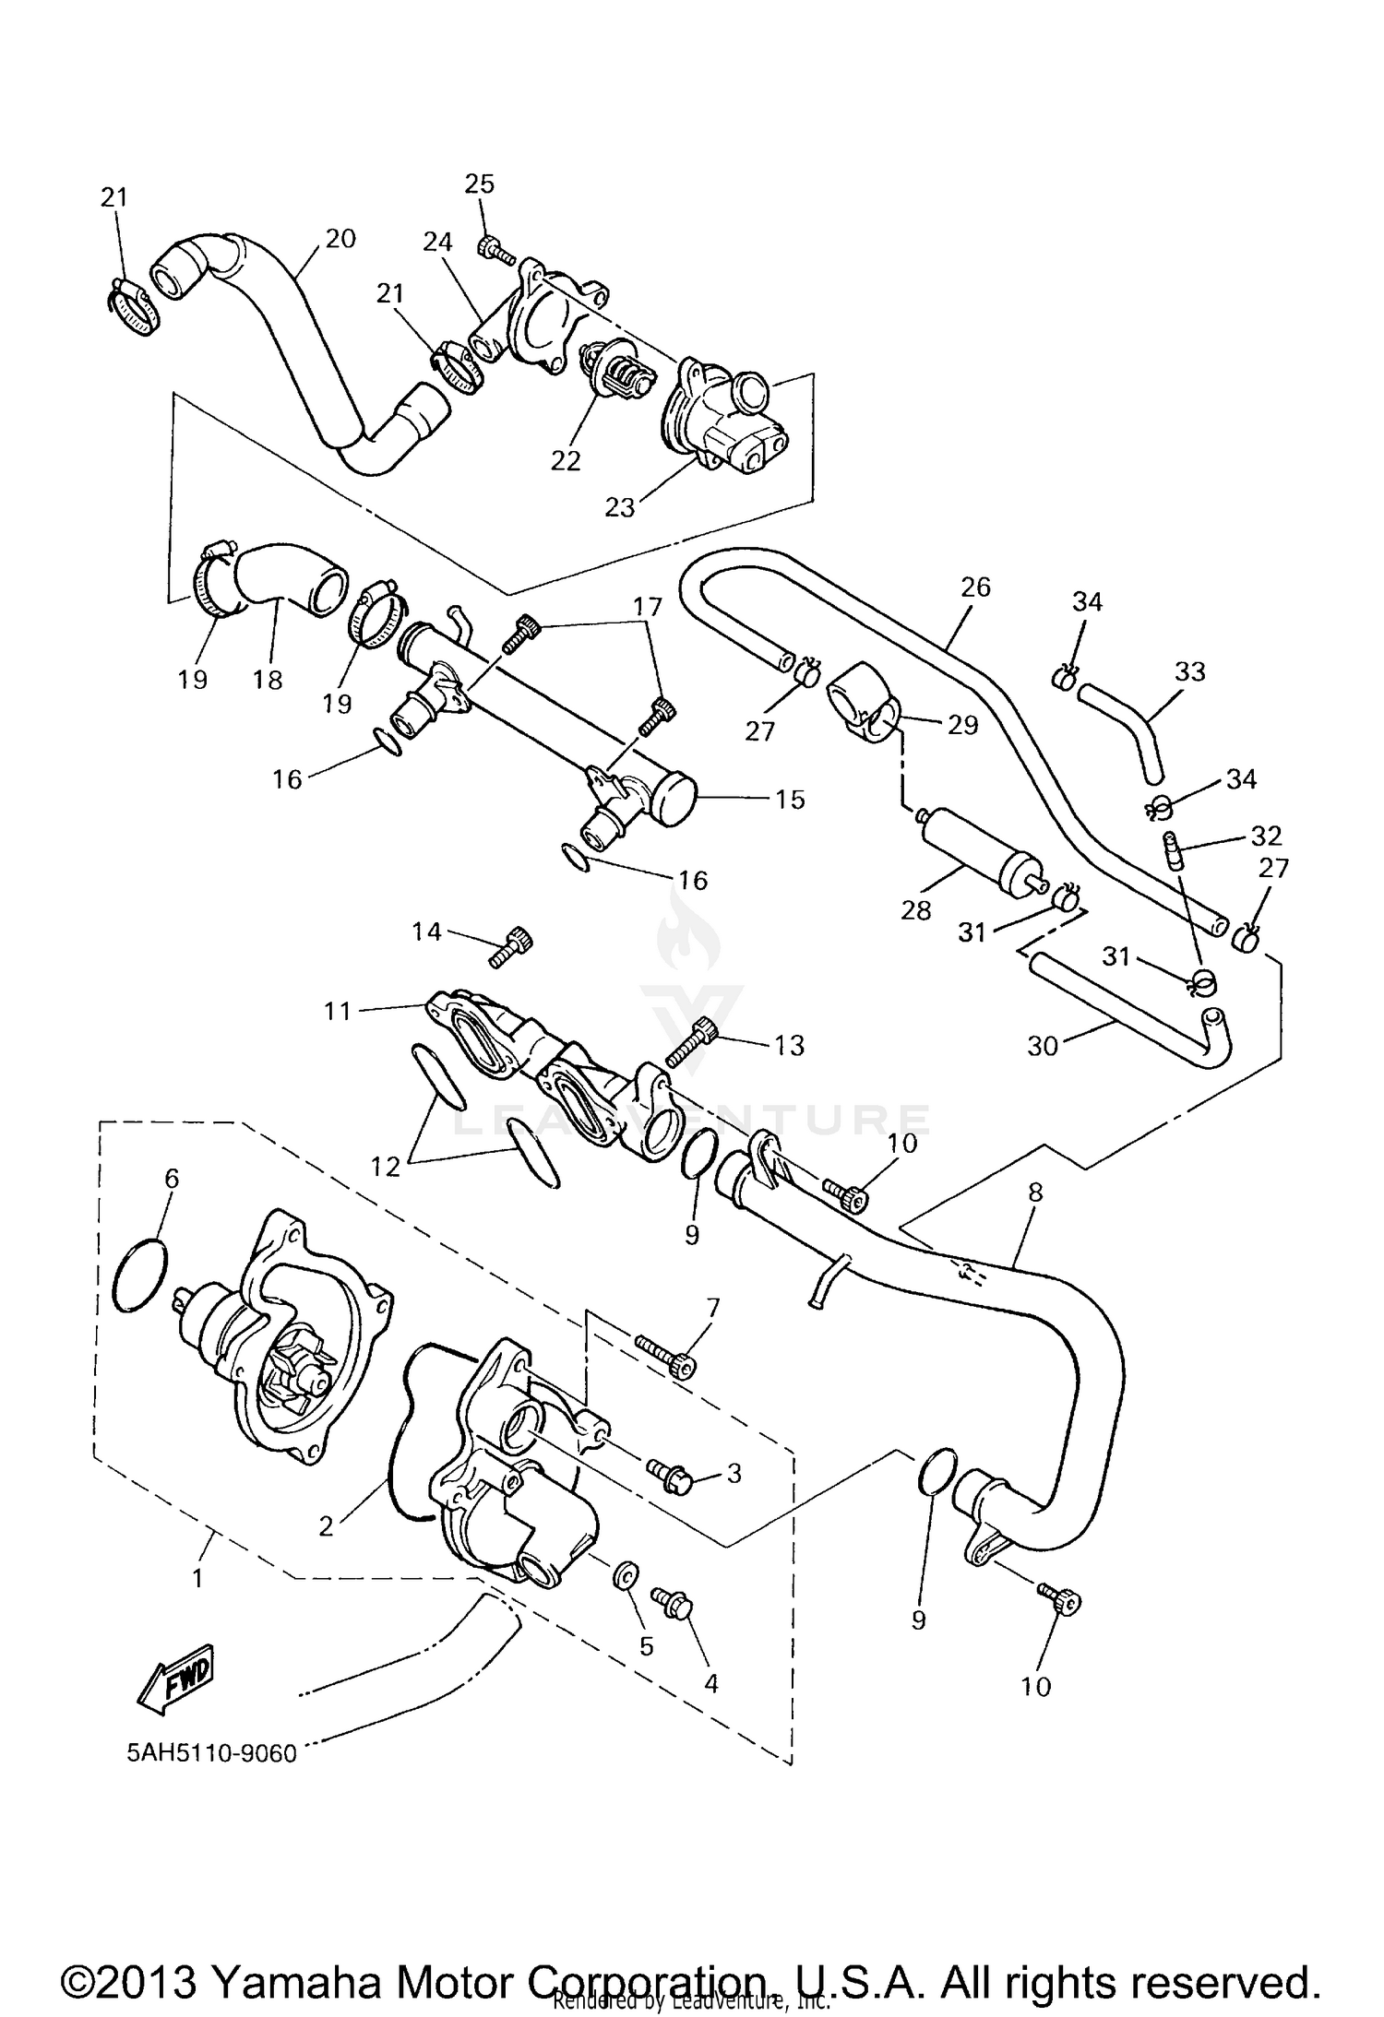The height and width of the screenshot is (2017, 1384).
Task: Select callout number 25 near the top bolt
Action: point(479,184)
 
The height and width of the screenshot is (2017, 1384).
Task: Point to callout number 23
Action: point(620,506)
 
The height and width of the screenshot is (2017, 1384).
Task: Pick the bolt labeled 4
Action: point(674,1602)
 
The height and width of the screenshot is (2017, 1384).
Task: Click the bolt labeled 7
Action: point(664,1358)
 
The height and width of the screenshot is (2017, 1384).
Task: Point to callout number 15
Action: point(790,799)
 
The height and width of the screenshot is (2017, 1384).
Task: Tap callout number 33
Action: point(1189,671)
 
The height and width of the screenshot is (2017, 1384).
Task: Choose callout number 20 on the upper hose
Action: point(340,238)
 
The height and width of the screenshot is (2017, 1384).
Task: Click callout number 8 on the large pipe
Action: point(1034,1192)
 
